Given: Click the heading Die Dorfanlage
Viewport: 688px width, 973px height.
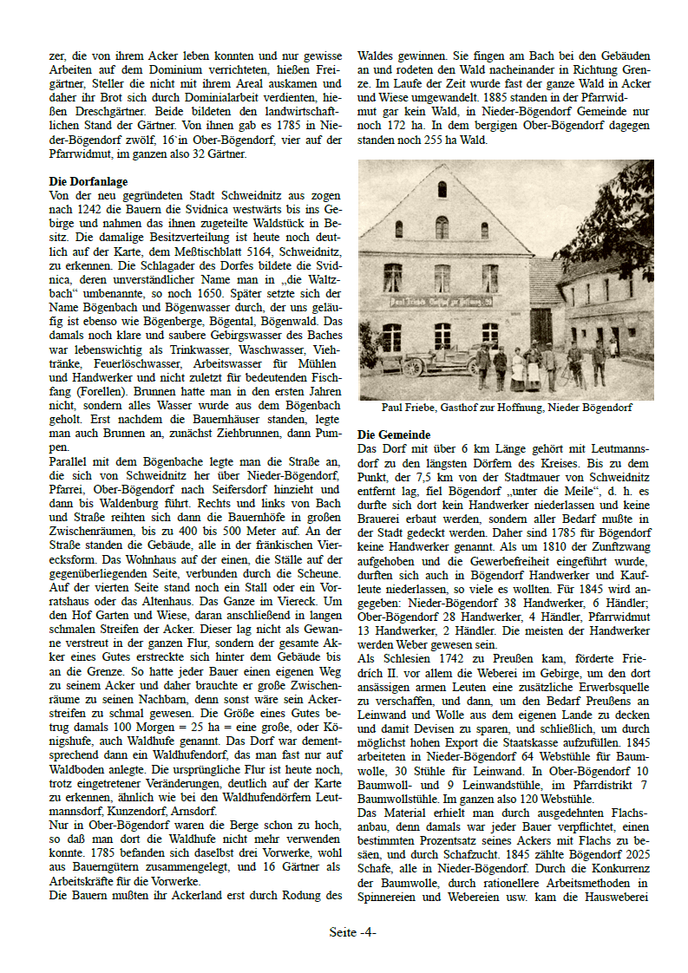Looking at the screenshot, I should (88, 182).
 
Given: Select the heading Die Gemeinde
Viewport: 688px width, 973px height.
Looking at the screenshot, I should (394, 434).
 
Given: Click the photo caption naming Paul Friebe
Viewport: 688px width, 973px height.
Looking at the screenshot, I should (507, 408).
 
